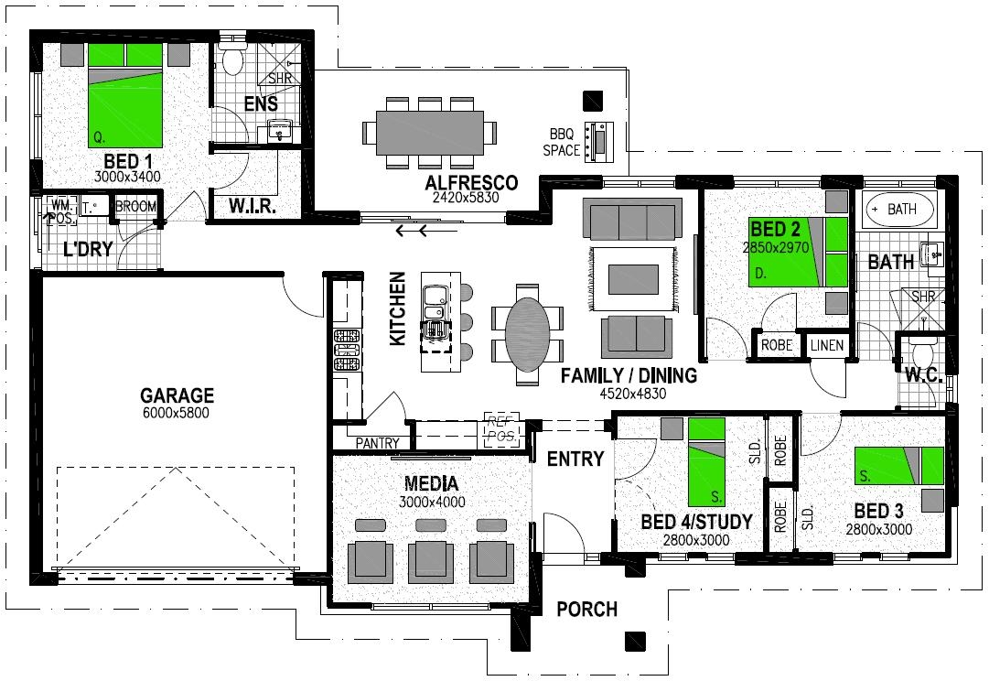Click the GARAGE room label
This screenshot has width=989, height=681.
(x=177, y=395)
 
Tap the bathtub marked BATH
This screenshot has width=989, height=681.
(x=900, y=210)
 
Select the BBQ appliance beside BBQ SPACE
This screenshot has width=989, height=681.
(x=599, y=140)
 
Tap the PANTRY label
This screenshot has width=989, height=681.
(x=378, y=444)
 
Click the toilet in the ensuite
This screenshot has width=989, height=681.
(x=232, y=59)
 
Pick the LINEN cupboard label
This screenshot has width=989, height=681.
(x=828, y=346)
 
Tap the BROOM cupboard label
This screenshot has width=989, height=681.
(x=135, y=207)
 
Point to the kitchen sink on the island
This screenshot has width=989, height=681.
(x=434, y=297)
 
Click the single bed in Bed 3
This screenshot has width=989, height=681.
(x=899, y=465)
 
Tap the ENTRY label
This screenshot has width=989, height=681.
(x=575, y=459)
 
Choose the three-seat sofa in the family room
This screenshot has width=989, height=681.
(x=633, y=221)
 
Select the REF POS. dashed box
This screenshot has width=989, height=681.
(x=500, y=429)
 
